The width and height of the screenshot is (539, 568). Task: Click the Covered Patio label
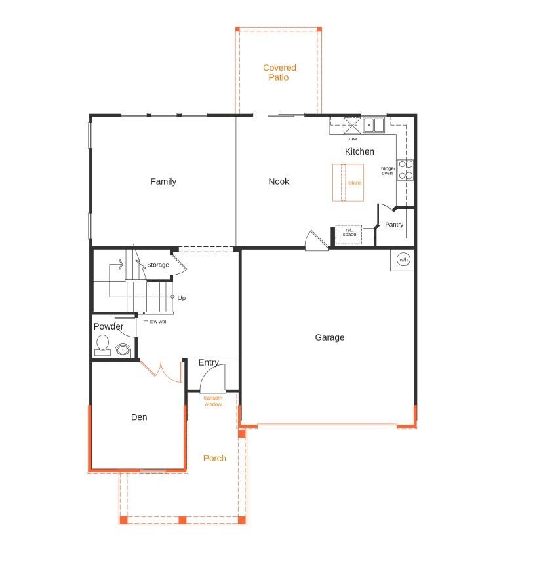click(x=279, y=73)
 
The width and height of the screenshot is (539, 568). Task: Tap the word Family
click(x=163, y=181)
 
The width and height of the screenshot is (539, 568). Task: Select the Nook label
click(x=279, y=181)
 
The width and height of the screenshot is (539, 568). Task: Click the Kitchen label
click(x=359, y=151)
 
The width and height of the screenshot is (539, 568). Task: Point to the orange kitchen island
click(x=348, y=183)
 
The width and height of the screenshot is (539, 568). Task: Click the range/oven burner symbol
click(x=405, y=170)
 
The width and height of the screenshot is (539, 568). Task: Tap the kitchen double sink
click(x=374, y=124)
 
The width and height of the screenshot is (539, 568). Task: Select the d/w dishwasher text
click(x=353, y=138)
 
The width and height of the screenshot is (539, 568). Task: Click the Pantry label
click(x=394, y=225)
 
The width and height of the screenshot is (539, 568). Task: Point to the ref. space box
click(x=349, y=234)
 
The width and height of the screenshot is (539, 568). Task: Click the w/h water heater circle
click(x=403, y=260)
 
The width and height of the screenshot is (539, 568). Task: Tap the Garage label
click(x=329, y=337)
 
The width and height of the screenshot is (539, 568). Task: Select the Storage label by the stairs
click(x=157, y=265)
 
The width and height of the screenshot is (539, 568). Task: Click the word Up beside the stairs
click(x=182, y=298)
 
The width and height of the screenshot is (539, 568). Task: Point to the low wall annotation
click(x=158, y=322)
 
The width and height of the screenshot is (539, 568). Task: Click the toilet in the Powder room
click(x=102, y=345)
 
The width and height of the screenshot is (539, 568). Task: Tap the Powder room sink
click(x=123, y=350)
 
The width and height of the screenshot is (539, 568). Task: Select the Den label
click(x=139, y=417)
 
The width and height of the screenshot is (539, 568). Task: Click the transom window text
click(x=212, y=401)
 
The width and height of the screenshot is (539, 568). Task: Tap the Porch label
click(x=214, y=458)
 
